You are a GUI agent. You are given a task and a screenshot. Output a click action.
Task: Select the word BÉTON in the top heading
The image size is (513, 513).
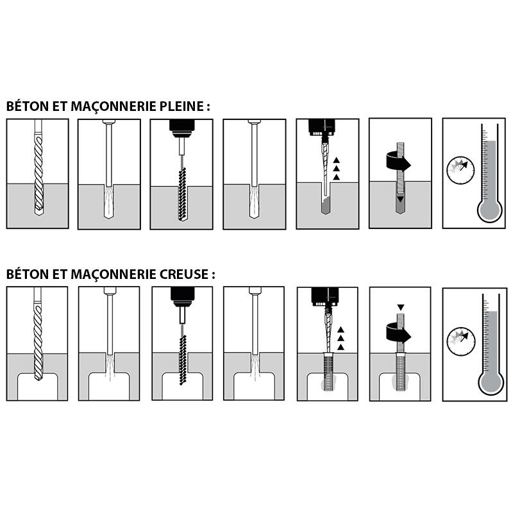(26, 106)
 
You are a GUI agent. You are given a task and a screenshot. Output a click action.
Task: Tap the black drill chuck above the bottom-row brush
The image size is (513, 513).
(182, 296)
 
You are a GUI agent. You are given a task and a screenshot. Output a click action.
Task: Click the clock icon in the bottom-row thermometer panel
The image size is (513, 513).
(462, 339)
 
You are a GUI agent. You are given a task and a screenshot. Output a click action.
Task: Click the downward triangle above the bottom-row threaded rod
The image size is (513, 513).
(400, 307)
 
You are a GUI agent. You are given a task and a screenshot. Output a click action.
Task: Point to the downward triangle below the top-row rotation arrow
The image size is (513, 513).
(400, 199)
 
